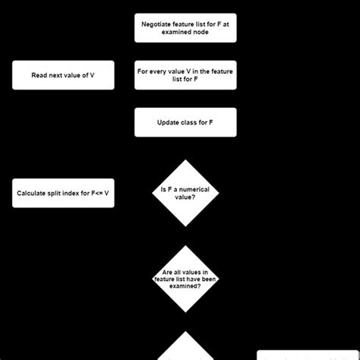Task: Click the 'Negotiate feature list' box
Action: pos(185,28)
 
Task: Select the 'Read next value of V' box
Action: pos(63,75)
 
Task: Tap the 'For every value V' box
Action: pos(185,75)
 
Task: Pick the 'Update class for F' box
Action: pos(185,122)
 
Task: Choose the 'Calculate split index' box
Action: pos(63,193)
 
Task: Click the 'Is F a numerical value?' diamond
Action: pos(185,193)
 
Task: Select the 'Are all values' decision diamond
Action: pos(185,279)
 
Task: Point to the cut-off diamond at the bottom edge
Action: pos(185,350)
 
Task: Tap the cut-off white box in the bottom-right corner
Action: pos(308,355)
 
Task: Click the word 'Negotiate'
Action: pos(157,24)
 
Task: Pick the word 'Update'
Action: pos(169,122)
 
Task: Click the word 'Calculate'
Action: pos(34,193)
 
